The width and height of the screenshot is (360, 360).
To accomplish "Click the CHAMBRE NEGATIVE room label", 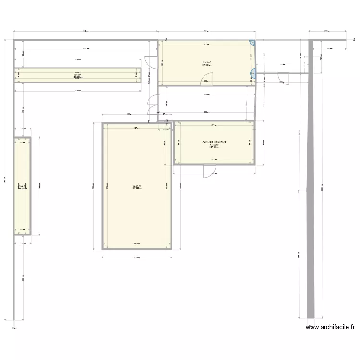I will pos(214,142).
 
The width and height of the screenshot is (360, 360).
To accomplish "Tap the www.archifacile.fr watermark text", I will pos(331,327).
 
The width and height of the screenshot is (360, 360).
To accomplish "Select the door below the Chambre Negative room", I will pos(209,171).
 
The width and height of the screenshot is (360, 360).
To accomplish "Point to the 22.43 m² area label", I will pos(207,62).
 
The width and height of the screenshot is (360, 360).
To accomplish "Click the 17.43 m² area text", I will pos(214,145).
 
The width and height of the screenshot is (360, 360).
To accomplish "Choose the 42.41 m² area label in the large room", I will pos(137,186).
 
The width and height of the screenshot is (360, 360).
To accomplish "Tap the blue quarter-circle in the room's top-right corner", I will pos(252,43).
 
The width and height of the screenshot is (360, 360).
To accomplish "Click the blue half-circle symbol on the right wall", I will pos(252,73).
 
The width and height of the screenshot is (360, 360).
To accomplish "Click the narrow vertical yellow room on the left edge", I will pos(22,186).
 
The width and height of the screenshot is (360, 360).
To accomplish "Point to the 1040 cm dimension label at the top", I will pos(85,32).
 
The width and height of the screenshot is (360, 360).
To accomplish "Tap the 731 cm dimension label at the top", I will pos(206,32).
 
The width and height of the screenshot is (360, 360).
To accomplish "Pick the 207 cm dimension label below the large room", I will pos(136,258).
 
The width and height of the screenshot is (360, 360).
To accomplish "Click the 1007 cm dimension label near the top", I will pos(85,48).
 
